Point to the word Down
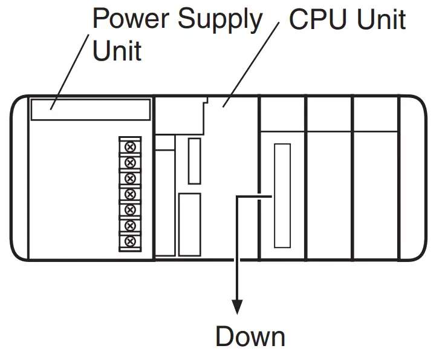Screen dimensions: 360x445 [x=250, y=336]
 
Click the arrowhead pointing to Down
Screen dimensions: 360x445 [x=237, y=305]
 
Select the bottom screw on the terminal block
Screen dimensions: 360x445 [x=129, y=241]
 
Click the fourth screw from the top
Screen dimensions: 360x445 [x=129, y=194]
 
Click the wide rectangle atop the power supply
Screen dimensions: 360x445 [x=90, y=110]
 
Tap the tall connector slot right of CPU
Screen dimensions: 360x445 [x=282, y=195]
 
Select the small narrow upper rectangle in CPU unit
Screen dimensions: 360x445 [x=194, y=160]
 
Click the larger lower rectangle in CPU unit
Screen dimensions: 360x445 [x=189, y=224]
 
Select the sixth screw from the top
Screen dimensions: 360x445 [x=129, y=225]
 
